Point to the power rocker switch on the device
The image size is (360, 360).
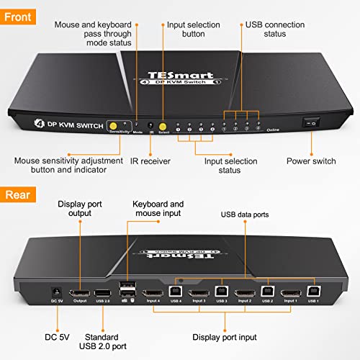(312, 123)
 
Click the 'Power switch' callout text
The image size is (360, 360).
(310, 161)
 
